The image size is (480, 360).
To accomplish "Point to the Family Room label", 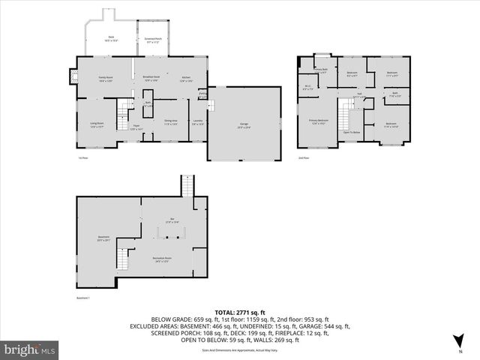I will pos(105,79).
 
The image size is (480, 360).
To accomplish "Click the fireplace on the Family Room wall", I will pos(73,76).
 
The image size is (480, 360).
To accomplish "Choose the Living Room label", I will pos(97,126).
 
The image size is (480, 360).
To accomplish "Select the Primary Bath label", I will pos(321,71).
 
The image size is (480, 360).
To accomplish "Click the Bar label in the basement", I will pos(172,220).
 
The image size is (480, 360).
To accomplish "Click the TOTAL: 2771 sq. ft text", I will pos(239,312).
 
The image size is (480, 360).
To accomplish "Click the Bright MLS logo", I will pos(30,349).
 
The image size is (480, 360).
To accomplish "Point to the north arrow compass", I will pos(459,345).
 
